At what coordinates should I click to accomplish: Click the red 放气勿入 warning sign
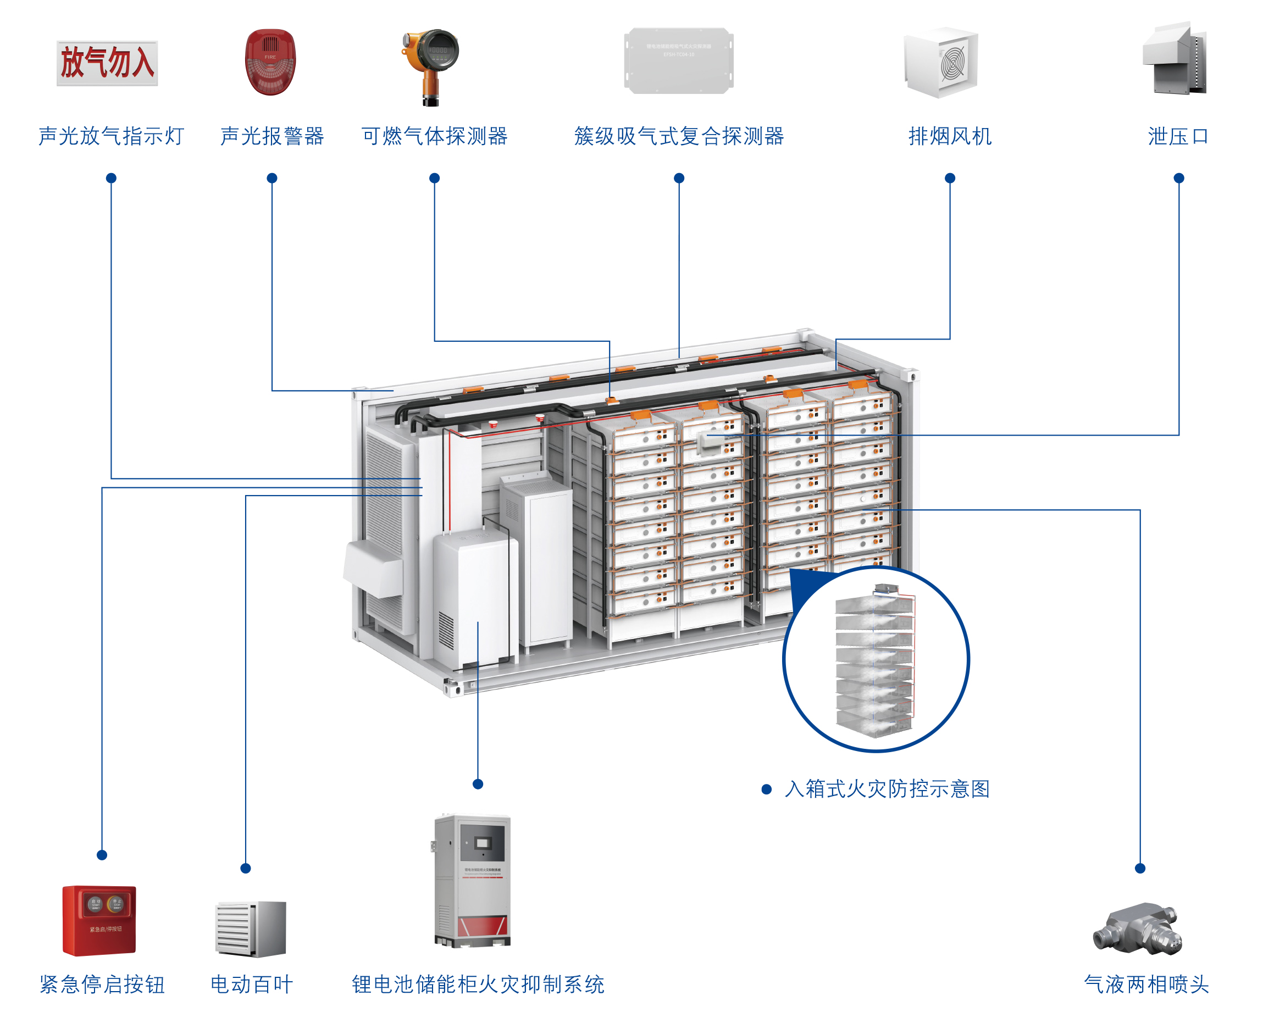[107, 63]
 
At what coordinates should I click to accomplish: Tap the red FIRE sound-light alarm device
[270, 62]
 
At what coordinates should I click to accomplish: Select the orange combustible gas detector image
[431, 66]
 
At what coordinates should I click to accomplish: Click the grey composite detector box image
[678, 60]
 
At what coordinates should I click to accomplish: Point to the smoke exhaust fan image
[941, 62]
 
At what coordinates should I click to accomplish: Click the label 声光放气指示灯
[111, 136]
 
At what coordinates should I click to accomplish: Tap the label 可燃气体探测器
[434, 136]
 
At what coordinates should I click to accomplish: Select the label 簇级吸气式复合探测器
[678, 136]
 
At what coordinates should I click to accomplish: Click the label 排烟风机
[949, 136]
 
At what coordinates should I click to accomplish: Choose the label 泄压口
[1178, 136]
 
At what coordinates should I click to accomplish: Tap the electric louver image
[251, 928]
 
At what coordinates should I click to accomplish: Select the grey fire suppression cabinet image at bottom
[472, 880]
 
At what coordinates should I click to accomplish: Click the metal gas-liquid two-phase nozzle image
[1137, 928]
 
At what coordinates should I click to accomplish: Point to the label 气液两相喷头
[1145, 984]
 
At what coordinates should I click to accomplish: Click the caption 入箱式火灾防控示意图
[887, 789]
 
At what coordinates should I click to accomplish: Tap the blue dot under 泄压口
[1178, 178]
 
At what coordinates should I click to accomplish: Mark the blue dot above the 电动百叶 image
[246, 869]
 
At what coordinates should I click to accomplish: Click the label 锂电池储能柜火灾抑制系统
[478, 984]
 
